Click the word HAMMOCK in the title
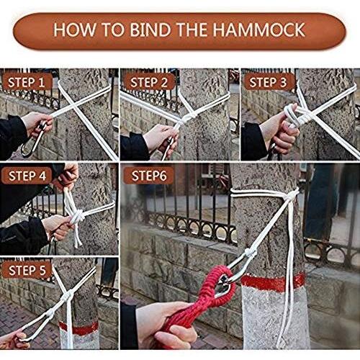258,30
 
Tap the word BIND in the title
150,30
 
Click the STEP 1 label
27,82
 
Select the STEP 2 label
149,82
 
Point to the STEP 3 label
268,82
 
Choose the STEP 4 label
27,176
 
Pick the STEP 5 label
27,271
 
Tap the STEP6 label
149,176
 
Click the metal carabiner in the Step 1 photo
34,139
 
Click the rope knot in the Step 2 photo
189,118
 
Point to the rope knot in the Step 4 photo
78,215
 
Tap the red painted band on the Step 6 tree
273,283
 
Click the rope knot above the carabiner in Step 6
250,254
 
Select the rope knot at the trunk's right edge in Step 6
291,197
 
